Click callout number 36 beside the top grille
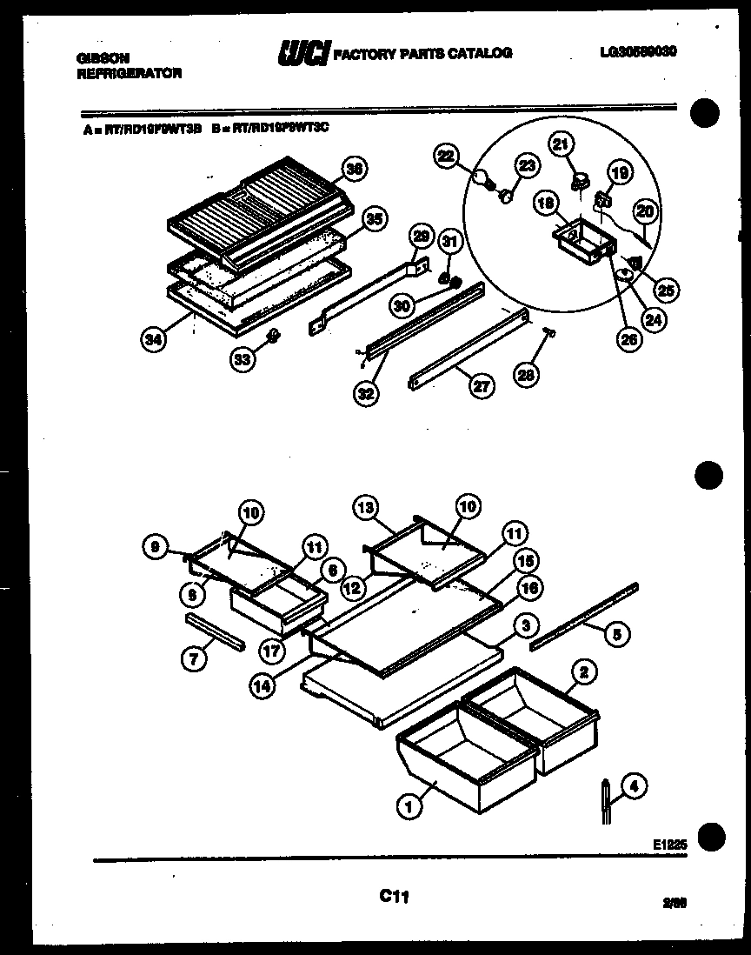[352, 170]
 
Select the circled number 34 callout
[153, 339]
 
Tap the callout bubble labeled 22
[447, 156]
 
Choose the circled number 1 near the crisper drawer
[407, 808]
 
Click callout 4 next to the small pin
[634, 787]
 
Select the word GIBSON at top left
[98, 58]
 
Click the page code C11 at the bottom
[394, 895]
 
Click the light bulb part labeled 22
[481, 178]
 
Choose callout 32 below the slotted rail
[365, 392]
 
